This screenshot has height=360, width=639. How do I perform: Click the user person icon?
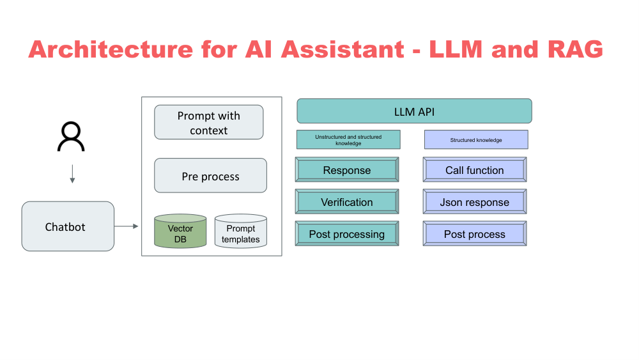[x=71, y=136]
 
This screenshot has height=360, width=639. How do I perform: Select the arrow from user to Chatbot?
[x=72, y=174]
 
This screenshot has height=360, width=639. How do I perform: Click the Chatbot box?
[x=68, y=226]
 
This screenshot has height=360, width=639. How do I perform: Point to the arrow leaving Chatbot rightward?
[x=127, y=226]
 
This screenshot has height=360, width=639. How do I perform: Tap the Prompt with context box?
[x=209, y=122]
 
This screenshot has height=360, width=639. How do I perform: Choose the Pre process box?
[x=210, y=176]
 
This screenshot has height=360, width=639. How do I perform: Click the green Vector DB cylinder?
[x=180, y=231]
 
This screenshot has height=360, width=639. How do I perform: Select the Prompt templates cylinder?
[x=240, y=231]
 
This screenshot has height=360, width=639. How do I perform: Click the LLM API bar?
[x=414, y=111]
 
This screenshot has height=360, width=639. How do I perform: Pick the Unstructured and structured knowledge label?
[x=348, y=140]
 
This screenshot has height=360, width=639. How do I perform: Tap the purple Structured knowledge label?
[x=476, y=140]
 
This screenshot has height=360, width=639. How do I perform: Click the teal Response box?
[x=347, y=170]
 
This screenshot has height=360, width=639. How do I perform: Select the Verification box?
[x=347, y=202]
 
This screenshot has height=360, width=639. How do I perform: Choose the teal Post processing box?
[x=347, y=234]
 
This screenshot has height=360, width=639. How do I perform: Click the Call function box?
[x=475, y=170]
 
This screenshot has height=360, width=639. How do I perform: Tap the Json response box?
[x=475, y=202]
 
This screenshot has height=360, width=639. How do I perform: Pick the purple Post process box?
[x=475, y=234]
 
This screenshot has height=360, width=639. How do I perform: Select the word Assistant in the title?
[x=328, y=49]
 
